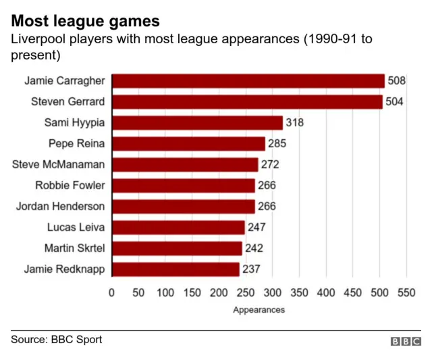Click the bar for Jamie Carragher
coord(248,81)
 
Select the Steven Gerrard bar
coord(246,102)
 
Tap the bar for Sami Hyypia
coord(196,123)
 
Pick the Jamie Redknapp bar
coord(175,269)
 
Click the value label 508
coord(396,81)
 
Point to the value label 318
coord(294,123)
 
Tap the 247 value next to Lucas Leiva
coord(256,228)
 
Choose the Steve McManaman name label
coord(59,164)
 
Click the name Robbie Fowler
coord(70,185)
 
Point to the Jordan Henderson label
coord(61,206)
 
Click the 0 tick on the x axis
coord(111,293)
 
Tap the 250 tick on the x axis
coord(245,293)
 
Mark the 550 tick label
coord(406,293)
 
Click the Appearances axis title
coord(259,310)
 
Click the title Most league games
coord(85,21)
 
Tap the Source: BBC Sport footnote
coord(56,339)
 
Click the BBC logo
coord(406,342)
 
